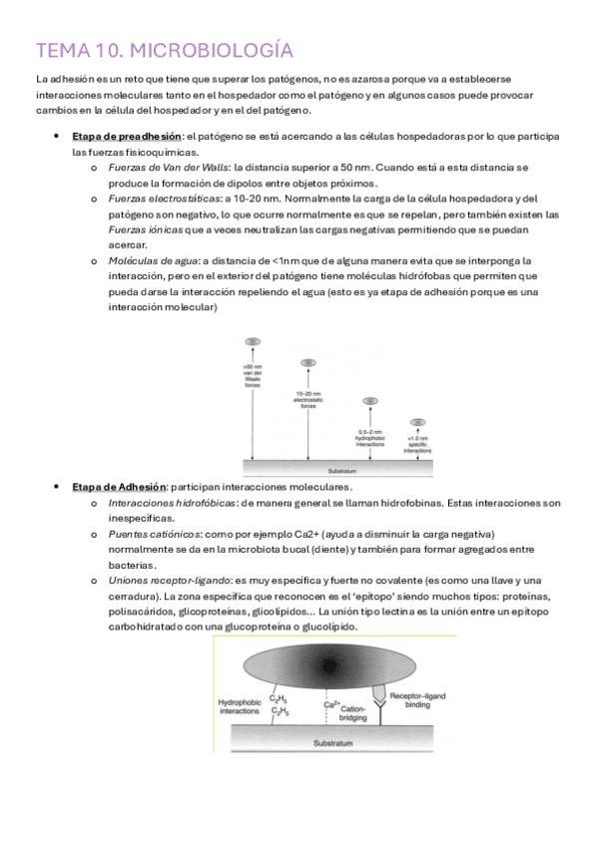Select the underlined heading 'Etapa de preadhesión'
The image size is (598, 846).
point(126,136)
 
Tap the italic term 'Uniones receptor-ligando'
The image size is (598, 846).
point(168,580)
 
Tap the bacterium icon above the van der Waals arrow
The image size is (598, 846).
point(254,342)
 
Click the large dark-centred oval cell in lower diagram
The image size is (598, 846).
point(330,665)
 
